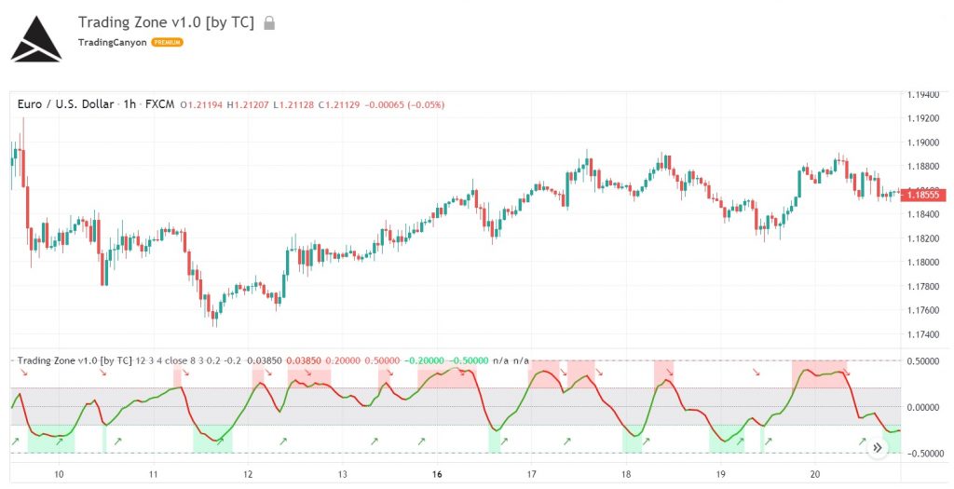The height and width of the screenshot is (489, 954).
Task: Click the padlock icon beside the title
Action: pos(270,22)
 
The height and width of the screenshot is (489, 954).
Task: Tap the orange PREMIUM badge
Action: pos(168,42)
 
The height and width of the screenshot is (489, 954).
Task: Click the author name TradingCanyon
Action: pos(112,42)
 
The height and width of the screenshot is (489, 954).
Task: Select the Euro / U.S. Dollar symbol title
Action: pos(66,104)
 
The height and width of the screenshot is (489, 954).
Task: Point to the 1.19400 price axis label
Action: pos(926,95)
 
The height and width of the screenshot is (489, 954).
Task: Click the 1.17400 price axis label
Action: pos(926,334)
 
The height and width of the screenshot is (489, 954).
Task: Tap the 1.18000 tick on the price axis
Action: pos(926,263)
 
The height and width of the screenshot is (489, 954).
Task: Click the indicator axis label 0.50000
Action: pos(926,361)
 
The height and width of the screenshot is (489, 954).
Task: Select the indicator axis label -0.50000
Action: pos(924,454)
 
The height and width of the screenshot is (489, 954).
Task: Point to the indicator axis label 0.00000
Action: pos(926,407)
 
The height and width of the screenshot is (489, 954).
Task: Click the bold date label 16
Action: pos(437,474)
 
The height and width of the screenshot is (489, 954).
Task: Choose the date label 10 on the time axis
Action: pos(59,474)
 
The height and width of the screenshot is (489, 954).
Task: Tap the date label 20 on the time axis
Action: pos(815,474)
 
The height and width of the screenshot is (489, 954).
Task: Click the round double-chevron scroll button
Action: pos(877,448)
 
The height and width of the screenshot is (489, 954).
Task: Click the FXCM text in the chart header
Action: pos(161,104)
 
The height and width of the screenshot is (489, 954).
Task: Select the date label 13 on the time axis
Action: pos(342,474)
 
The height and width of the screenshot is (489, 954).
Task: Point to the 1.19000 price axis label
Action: pos(926,143)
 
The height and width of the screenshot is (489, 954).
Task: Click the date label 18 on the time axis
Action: pos(626,474)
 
